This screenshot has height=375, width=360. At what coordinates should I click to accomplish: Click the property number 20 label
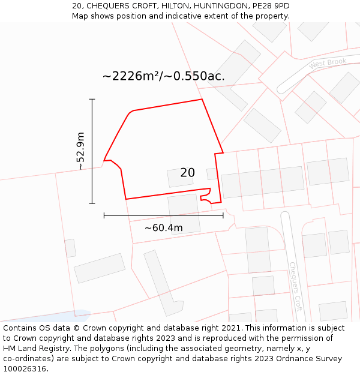187,173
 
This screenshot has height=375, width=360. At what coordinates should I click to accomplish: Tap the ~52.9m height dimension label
80,151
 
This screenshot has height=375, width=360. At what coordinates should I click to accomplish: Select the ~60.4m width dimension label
163,228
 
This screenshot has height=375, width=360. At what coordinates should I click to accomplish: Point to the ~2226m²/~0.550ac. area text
163,76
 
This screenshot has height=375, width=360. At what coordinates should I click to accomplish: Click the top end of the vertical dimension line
92,99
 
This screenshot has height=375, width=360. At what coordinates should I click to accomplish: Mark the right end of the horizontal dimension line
223,215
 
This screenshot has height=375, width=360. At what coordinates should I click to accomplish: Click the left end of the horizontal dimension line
104,215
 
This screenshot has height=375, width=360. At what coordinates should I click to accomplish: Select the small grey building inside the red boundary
179,178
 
